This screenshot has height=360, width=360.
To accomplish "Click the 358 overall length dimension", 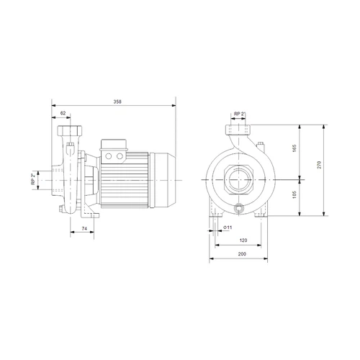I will (x=117, y=102).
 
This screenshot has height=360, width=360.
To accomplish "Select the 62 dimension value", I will (x=63, y=113).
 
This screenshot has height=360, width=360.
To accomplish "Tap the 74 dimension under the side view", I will (x=84, y=228).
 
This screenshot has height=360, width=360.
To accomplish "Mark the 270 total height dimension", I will (x=329, y=166).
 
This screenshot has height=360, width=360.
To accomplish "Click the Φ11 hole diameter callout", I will (x=227, y=228).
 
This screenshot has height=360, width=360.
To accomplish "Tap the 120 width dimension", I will (x=243, y=240).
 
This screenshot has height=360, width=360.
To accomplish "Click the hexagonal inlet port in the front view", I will (x=238, y=179).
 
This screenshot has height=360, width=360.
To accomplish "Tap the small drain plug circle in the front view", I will (x=239, y=210).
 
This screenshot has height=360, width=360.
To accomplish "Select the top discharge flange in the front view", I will (x=238, y=130).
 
